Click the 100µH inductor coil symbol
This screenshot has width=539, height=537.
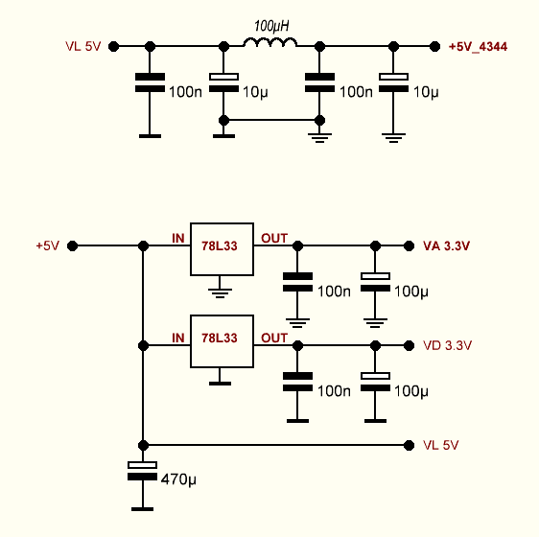click(270, 42)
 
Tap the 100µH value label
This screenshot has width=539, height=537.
click(271, 26)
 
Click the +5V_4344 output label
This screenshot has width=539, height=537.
click(478, 46)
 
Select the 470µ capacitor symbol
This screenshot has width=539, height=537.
click(142, 471)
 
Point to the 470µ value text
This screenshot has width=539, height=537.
click(178, 479)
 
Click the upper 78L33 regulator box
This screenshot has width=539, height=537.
click(223, 249)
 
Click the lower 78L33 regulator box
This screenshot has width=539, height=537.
click(223, 341)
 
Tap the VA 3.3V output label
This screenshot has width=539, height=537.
click(447, 245)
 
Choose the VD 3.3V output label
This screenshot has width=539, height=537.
click(447, 345)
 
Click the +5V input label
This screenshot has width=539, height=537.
click(48, 245)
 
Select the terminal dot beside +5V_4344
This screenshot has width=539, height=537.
click(434, 46)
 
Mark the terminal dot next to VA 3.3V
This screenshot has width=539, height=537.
click(409, 245)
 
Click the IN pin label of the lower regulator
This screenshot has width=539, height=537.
click(178, 338)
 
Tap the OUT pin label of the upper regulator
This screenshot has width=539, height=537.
click(274, 238)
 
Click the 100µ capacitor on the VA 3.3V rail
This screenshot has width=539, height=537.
click(375, 282)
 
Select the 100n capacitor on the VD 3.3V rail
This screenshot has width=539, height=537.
click(297, 382)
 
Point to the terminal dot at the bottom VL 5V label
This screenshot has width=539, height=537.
click(409, 445)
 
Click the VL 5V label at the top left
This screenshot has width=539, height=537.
click(82, 46)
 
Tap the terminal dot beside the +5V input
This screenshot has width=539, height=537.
click(72, 245)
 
